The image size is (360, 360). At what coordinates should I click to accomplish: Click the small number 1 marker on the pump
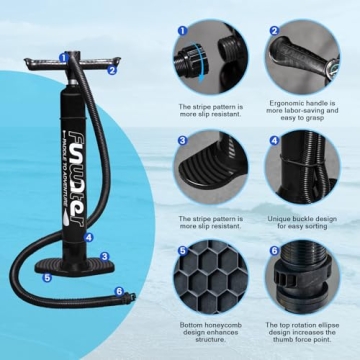[63, 58]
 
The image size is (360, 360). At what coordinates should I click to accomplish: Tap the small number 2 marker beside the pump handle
[112, 69]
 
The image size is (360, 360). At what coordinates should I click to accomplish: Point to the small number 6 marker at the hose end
[120, 292]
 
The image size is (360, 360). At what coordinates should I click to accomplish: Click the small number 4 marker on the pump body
[90, 237]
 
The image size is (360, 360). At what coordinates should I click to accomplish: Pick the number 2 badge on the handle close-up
[273, 30]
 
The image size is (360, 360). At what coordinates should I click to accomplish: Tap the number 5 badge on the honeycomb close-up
[182, 252]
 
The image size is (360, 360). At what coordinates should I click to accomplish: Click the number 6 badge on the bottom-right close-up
[273, 252]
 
